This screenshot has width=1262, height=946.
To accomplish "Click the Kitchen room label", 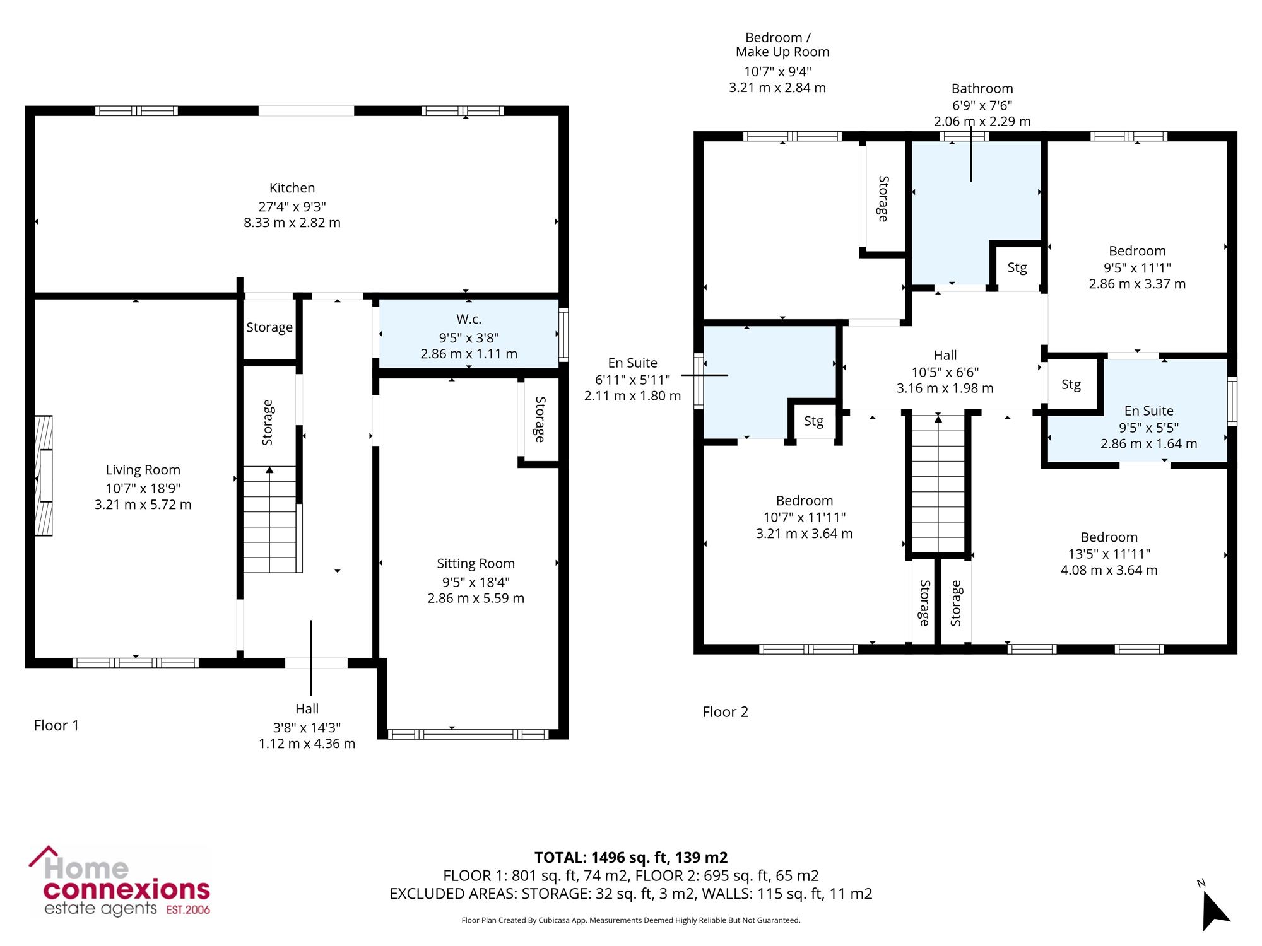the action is click(292, 188).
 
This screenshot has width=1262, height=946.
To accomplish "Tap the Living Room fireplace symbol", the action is click(44, 476).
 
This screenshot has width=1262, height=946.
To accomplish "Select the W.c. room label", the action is click(469, 320).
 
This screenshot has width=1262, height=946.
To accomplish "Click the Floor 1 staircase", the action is click(270, 519).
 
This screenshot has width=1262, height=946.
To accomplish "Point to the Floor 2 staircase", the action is click(938, 483).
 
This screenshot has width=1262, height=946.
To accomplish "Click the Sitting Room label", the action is click(476, 564).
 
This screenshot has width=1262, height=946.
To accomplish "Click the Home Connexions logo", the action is click(120, 882).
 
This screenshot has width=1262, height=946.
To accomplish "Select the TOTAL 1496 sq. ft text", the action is click(631, 858).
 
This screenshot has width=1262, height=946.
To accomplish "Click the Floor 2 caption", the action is click(725, 712).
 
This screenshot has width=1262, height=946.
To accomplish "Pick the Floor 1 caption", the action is click(56, 726).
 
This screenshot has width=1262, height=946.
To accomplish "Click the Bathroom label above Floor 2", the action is click(982, 89).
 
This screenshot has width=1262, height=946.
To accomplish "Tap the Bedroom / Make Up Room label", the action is click(782, 45).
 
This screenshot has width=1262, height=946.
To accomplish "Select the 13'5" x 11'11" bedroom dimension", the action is click(1109, 554).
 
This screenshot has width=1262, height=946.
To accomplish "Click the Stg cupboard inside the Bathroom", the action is click(1017, 267).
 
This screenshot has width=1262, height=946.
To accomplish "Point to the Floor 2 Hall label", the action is click(945, 356).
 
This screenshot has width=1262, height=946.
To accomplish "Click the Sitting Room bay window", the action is click(468, 734).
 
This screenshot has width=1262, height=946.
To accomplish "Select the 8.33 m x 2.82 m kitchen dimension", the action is click(292, 223).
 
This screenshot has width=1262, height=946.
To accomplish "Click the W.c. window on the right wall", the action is click(563, 334).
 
